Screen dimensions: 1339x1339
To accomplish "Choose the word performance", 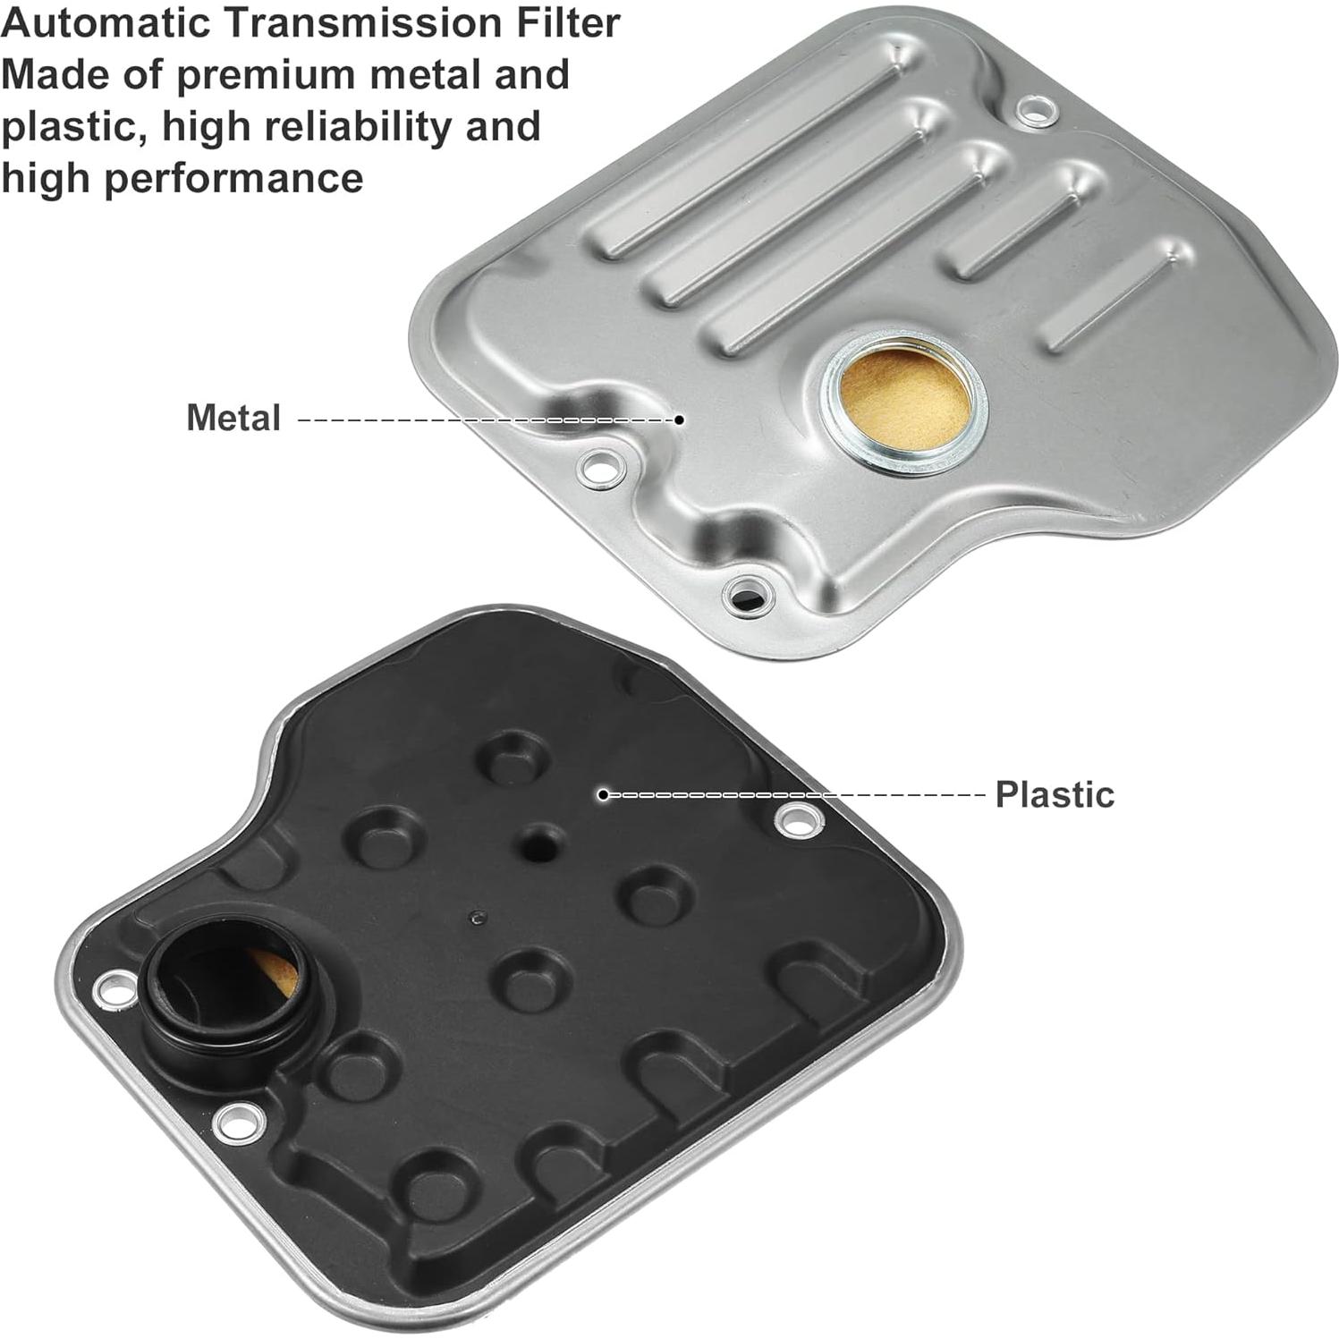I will coord(233,177).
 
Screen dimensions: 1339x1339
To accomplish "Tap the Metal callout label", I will coord(233,418).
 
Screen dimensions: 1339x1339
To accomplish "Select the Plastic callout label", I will coord(1055,794).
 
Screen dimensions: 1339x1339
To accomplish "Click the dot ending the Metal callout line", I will coord(679,419).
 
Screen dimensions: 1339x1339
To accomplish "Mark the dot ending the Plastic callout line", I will coord(604,794).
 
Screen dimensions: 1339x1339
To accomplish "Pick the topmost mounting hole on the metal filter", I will coord(1036,113).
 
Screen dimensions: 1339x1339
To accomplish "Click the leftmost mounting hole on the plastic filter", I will coord(114,989).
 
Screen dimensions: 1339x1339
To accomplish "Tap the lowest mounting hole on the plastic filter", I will coord(242,1118).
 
